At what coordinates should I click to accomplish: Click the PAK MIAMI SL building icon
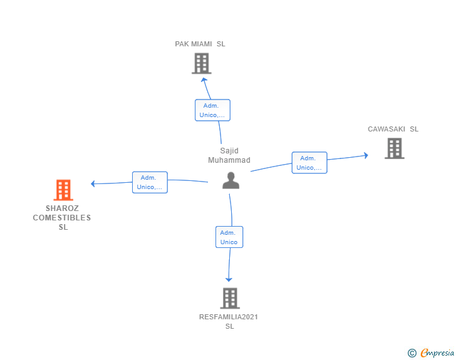(201, 63)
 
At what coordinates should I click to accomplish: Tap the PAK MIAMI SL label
(200, 44)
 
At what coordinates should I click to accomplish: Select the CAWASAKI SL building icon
(394, 148)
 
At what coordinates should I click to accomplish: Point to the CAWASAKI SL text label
(393, 129)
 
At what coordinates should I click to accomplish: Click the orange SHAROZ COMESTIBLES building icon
(63, 190)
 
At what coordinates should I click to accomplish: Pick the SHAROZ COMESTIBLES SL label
(62, 218)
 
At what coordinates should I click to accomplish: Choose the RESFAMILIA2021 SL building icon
(230, 298)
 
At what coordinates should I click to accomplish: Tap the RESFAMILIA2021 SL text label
(229, 321)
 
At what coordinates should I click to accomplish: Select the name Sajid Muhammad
(229, 155)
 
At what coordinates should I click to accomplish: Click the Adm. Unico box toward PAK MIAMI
(212, 110)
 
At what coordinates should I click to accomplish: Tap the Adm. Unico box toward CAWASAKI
(309, 163)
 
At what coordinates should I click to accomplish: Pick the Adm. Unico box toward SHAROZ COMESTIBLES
(150, 182)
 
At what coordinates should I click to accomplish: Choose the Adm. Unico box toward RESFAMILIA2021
(229, 237)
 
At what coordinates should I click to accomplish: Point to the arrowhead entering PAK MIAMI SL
(204, 80)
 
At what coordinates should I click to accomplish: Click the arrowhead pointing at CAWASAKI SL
(366, 155)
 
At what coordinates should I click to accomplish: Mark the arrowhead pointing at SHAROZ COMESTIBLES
(93, 183)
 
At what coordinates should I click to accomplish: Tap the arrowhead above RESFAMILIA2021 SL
(229, 279)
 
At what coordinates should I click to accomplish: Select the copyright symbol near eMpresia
(412, 353)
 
